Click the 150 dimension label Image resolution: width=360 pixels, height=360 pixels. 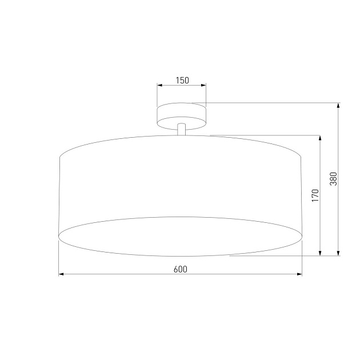(182, 81)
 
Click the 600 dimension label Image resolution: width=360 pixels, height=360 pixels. (180, 269)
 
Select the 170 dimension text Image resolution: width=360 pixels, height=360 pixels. (314, 195)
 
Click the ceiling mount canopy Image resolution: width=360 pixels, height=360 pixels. (181, 115)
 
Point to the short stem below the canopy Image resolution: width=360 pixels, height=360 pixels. (181, 130)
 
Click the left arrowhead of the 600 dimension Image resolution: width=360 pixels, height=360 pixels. (62, 274)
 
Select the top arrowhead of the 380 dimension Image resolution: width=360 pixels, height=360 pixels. (339, 106)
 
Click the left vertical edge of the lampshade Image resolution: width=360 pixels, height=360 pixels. (60, 194)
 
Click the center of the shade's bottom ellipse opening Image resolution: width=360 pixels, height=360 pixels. (181, 236)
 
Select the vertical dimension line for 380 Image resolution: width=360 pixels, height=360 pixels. (339, 217)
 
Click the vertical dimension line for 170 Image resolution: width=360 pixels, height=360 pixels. (320, 229)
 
